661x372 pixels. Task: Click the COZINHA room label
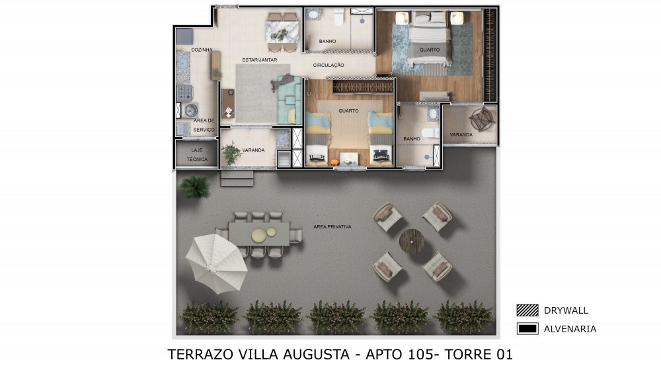click(202, 50)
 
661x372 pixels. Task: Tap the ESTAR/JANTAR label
click(260, 60)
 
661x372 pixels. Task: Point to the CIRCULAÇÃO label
click(329, 65)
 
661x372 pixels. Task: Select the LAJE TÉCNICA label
click(197, 154)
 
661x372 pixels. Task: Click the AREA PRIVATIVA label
click(332, 227)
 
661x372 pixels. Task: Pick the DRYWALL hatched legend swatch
click(527, 310)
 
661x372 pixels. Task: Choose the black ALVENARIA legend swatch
click(527, 328)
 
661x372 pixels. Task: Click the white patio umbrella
click(216, 263)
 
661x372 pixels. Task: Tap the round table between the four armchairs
click(411, 242)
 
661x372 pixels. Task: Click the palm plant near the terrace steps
click(195, 186)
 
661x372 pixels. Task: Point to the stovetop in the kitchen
click(184, 93)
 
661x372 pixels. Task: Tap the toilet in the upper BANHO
click(339, 17)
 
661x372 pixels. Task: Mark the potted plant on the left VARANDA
click(231, 152)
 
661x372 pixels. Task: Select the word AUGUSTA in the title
click(316, 354)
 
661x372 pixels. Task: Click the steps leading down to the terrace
click(237, 178)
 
